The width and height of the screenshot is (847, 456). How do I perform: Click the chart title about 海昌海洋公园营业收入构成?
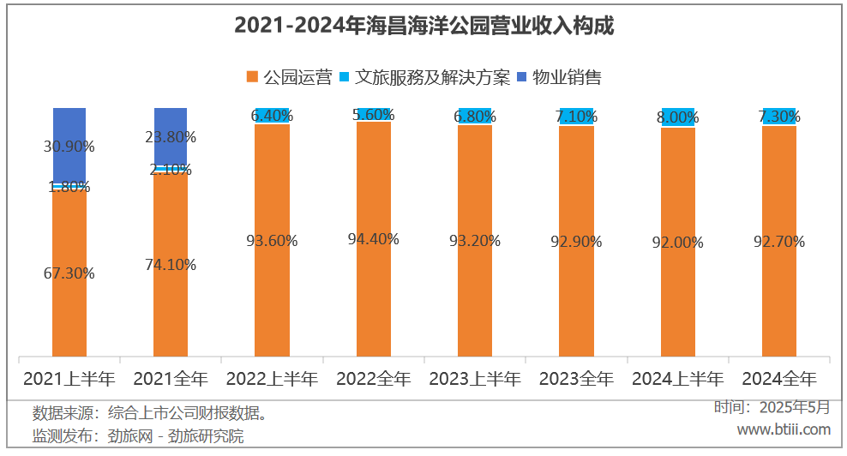tap(423, 27)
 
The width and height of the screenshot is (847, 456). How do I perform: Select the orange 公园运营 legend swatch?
tap(252, 77)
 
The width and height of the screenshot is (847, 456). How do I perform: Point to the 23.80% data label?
tap(171, 136)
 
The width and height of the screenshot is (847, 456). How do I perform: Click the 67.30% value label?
tap(69, 273)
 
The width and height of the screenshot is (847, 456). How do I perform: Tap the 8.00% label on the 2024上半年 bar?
tap(677, 117)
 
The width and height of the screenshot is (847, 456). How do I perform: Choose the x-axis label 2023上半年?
tap(474, 378)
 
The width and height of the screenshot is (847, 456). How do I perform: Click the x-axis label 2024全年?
tap(778, 378)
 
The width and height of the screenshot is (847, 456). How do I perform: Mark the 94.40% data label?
tap(374, 239)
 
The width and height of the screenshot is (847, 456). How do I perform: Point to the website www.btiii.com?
tap(784, 429)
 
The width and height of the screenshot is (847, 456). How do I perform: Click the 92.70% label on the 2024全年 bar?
tap(778, 242)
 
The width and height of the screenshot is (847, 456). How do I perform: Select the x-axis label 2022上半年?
tap(271, 378)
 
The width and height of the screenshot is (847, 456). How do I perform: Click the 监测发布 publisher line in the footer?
tap(138, 436)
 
